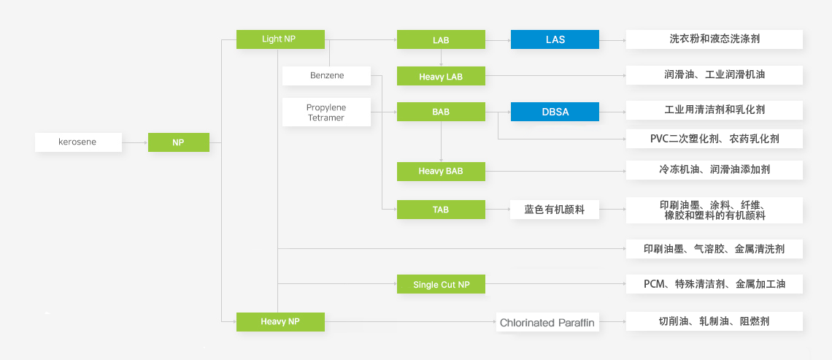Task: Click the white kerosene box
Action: pos(78,142)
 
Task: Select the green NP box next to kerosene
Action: pos(178,142)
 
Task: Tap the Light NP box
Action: pos(280,39)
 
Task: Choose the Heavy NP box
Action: pos(280,321)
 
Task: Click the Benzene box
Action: pos(326,76)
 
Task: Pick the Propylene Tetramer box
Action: pos(326,112)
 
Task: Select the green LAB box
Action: pos(441,39)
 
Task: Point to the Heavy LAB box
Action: pos(441,76)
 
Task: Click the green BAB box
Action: pos(441,112)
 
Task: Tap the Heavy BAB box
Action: pos(441,171)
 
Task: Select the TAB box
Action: pos(441,210)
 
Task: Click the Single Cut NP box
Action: pos(441,284)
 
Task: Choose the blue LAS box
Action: pos(555,39)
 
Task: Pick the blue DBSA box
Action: pos(555,112)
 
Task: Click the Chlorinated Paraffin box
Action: pos(547,322)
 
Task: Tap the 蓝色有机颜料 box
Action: pos(555,210)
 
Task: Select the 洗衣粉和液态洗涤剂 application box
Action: pos(714,39)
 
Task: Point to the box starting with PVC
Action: pos(714,138)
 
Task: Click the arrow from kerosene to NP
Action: pos(135,142)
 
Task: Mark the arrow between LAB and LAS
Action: pos(498,39)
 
